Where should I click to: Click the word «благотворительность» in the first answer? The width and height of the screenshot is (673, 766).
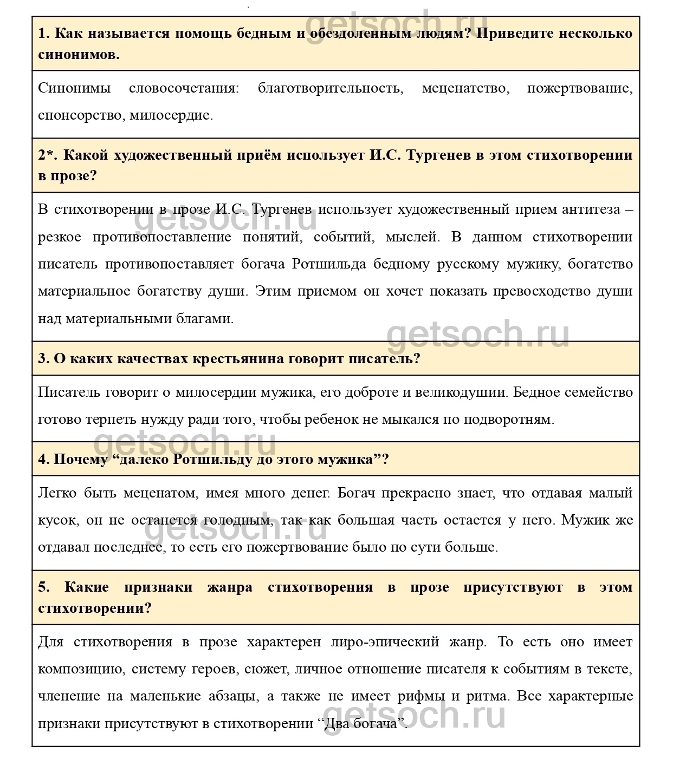330,88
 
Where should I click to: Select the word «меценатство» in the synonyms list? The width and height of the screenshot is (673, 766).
465,88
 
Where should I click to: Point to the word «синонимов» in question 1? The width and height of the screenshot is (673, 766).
78,55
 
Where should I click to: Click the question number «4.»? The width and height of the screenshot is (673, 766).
43,460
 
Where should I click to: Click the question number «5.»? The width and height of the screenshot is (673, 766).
44,587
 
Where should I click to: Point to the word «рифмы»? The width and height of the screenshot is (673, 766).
444,696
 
